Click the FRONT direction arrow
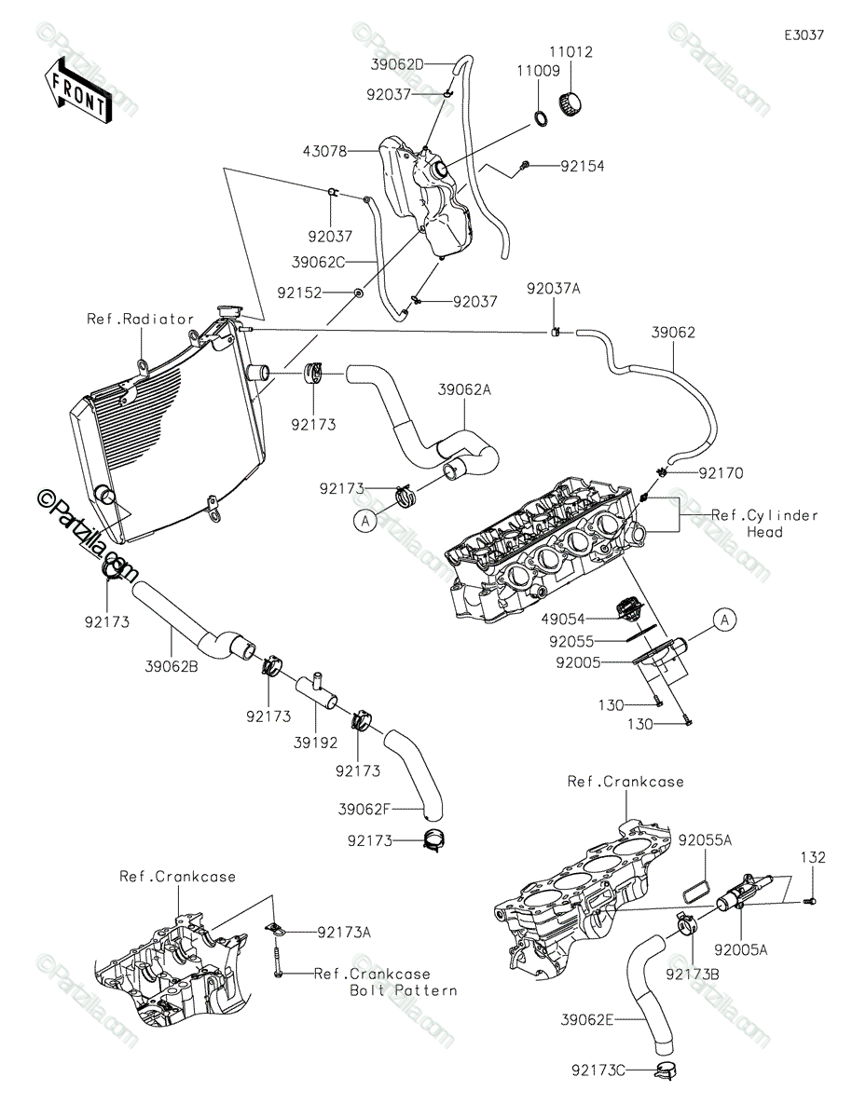click(x=77, y=89)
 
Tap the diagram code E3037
click(x=803, y=35)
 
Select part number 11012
click(x=577, y=53)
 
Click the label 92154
click(x=582, y=167)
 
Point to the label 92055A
click(x=705, y=839)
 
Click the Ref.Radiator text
click(x=141, y=319)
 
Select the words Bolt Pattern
click(x=404, y=990)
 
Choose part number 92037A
click(x=553, y=289)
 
